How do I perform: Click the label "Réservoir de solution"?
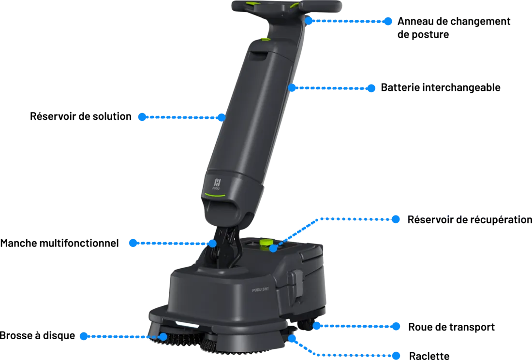pos(80,116)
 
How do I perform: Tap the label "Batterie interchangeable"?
pos(441,87)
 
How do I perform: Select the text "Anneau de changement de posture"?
pos(454,28)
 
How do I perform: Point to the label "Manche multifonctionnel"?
pos(59,243)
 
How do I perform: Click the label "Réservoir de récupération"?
pos(470,220)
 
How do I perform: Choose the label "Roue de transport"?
pos(451,327)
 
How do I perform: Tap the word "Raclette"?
pos(429,356)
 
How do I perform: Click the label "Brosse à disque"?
pos(37,335)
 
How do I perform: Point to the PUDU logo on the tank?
pos(217,184)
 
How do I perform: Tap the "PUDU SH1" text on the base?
pos(260,289)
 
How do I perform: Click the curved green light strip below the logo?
pos(214,195)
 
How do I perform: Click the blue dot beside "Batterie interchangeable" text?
pos(371,88)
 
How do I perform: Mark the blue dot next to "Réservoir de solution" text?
pos(142,117)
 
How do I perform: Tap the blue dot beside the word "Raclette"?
pos(396,356)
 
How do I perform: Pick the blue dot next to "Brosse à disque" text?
pos(84,336)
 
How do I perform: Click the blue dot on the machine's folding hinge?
pos(212,244)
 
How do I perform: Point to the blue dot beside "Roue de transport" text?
pos(396,327)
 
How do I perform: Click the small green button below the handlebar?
pos(266,40)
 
